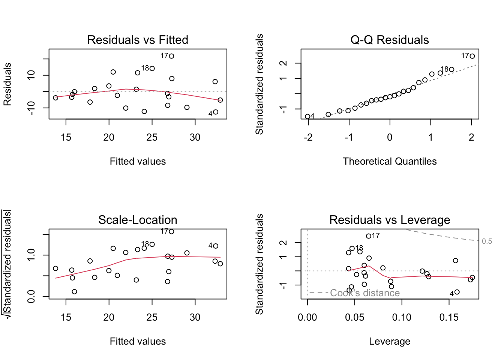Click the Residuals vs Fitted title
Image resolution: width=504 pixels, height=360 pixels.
[x=138, y=40]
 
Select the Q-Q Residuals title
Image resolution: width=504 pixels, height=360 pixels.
[x=390, y=40]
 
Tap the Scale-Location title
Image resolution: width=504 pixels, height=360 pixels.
[x=138, y=220]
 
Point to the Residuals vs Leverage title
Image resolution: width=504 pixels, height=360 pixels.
[x=390, y=220]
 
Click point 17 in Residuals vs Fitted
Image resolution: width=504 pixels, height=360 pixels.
[x=171, y=56]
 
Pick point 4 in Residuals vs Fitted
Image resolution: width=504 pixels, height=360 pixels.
[x=216, y=112]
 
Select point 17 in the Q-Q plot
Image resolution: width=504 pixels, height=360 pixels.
[x=472, y=56]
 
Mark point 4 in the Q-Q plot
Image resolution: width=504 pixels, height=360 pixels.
[x=308, y=117]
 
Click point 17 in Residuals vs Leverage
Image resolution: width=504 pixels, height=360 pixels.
[x=369, y=236]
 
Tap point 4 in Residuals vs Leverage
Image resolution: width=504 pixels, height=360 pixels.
[x=457, y=292]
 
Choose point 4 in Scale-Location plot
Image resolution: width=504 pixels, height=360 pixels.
[x=216, y=246]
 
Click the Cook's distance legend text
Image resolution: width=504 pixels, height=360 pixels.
[x=365, y=293]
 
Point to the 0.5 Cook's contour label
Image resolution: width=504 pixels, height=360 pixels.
[x=487, y=241]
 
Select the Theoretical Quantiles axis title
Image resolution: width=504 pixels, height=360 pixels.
[x=390, y=161]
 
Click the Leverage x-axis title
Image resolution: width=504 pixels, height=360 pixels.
[x=390, y=341]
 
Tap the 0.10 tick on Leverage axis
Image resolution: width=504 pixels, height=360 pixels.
[x=402, y=317]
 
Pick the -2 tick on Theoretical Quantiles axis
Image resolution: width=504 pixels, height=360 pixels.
[x=308, y=137]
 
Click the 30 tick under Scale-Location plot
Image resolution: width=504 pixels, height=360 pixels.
[x=195, y=317]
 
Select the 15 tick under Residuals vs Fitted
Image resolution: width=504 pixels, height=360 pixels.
[x=66, y=137]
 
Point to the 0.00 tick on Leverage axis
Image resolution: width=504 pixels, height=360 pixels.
[x=307, y=317]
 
